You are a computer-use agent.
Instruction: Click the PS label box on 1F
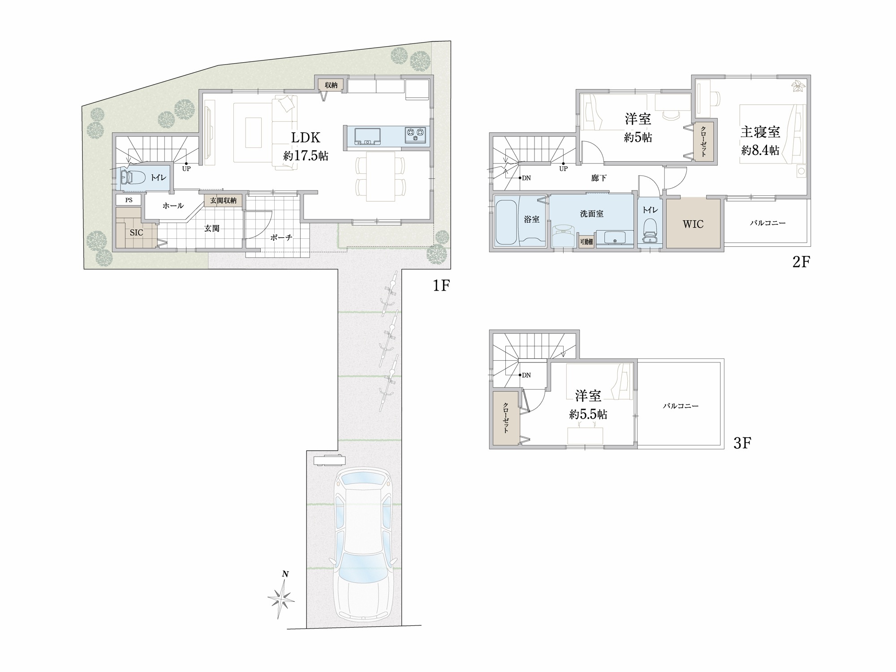click(129, 200)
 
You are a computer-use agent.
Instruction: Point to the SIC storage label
click(136, 233)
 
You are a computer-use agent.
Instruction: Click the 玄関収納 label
click(223, 200)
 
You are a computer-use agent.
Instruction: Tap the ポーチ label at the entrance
click(281, 237)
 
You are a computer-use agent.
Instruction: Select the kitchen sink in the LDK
click(367, 136)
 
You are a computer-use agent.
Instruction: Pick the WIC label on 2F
click(693, 224)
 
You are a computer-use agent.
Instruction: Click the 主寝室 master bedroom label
click(760, 132)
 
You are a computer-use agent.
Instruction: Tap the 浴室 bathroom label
click(531, 219)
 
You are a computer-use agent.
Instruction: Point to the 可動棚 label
click(586, 241)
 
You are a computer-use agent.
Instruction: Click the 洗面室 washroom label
click(591, 214)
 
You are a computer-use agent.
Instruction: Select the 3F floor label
click(742, 443)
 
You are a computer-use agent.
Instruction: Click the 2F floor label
click(801, 262)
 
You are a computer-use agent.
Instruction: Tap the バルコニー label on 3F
click(681, 406)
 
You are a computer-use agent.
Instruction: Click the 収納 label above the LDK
click(331, 85)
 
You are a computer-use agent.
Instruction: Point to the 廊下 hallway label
click(599, 178)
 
